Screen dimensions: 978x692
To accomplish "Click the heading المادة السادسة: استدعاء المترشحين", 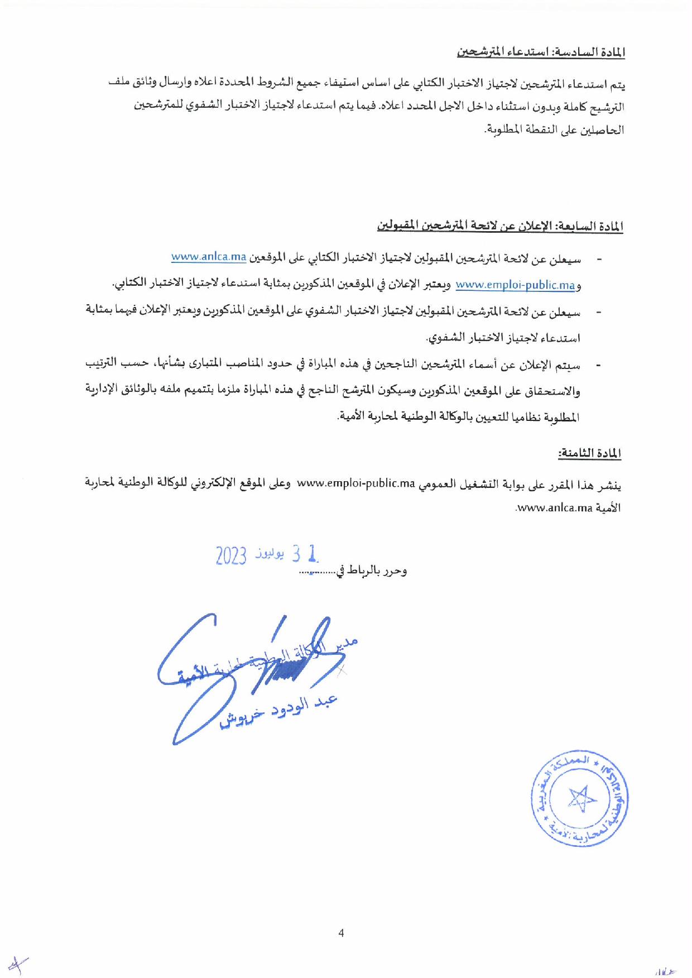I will click(x=541, y=54).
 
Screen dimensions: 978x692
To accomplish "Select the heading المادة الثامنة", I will click(x=590, y=453).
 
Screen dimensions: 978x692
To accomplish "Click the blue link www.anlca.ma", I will click(x=209, y=257).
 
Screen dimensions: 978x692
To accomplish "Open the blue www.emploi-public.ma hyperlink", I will click(x=515, y=285).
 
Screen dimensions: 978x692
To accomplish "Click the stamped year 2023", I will click(x=231, y=556).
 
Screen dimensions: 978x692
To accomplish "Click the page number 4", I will click(x=341, y=933).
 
